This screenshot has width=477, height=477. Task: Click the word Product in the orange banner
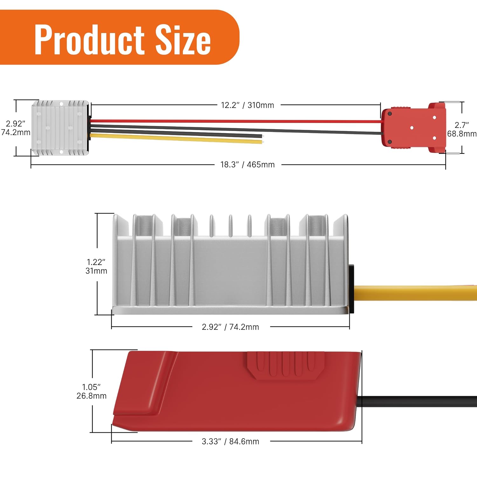[89, 40]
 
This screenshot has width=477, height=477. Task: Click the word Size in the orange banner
[183, 40]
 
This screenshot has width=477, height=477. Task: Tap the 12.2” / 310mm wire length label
[247, 105]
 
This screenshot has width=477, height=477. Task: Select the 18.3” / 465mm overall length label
[247, 165]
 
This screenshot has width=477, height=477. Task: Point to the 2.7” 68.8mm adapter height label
[462, 129]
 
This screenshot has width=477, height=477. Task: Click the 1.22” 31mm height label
[96, 266]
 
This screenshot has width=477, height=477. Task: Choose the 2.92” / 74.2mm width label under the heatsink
[230, 327]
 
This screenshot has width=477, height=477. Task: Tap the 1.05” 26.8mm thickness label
[92, 391]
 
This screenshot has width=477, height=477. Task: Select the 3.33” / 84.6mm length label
[230, 441]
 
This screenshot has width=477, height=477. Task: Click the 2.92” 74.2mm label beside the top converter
[16, 128]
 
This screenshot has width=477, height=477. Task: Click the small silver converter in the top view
[60, 128]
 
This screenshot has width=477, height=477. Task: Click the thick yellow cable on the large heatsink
[413, 293]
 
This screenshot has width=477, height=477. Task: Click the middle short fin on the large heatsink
[230, 226]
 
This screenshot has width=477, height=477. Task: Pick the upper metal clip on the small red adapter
[452, 102]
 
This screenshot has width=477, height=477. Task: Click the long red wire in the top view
[235, 121]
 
